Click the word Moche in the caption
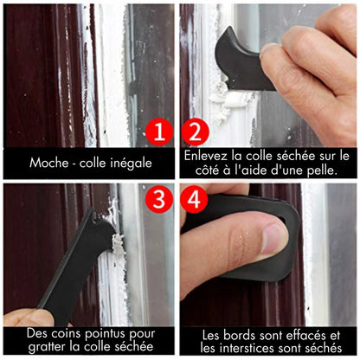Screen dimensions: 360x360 [x=49, y=162]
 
